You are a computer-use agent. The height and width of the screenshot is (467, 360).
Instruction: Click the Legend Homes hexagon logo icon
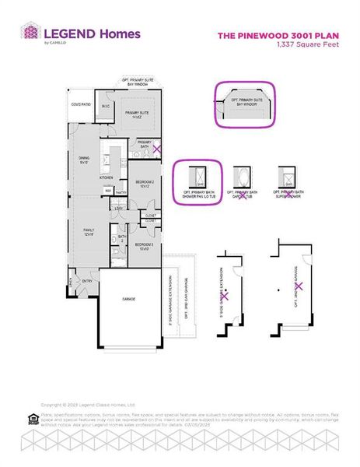tap(30, 33)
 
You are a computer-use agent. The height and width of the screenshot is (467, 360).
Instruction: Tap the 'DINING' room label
tap(85, 159)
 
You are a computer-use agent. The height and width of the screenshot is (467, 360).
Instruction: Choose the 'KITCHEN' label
tap(107, 177)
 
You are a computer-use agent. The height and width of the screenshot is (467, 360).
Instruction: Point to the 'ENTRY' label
tap(86, 281)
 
